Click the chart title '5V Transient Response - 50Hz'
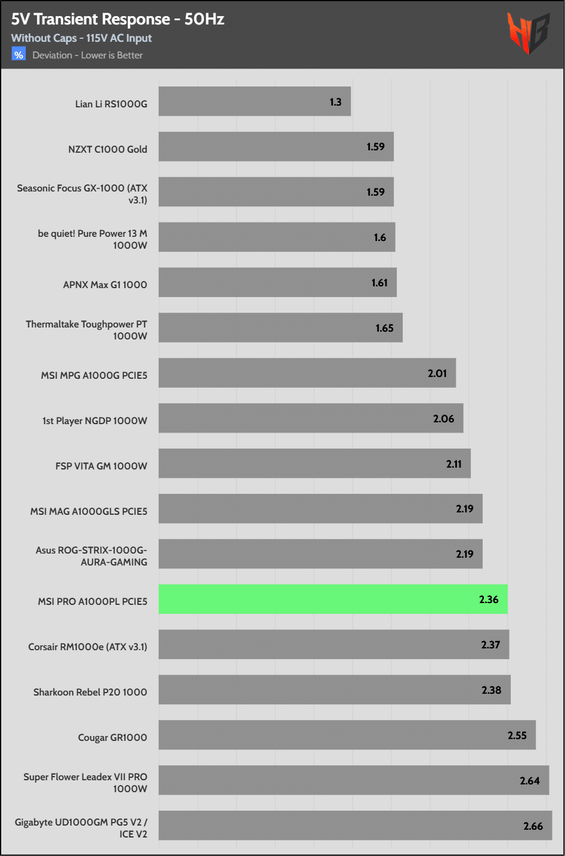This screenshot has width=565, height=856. tap(118, 19)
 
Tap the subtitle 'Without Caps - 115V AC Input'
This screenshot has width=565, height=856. tap(81, 38)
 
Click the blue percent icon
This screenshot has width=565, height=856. tap(19, 55)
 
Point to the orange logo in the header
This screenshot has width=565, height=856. tap(527, 33)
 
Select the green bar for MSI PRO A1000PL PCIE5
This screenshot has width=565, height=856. tap(333, 599)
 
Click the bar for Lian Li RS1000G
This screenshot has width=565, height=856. tap(255, 101)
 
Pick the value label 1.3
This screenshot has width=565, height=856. tap(335, 102)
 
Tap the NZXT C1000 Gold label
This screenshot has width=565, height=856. tap(107, 149)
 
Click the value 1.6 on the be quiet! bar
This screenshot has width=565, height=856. tap(380, 237)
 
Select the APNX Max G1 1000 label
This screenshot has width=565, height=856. tap(105, 285)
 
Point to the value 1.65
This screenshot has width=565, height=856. tap(384, 328)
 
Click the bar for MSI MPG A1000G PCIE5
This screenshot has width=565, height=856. tap(307, 373)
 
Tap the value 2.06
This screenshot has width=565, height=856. tap(443, 419)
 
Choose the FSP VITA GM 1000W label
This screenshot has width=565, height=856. tap(101, 466)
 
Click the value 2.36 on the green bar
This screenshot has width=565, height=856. tap(488, 599)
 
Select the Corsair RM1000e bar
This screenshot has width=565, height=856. tap(334, 645)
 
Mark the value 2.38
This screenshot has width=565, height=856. tap(491, 690)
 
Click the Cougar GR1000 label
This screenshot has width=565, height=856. tap(112, 738)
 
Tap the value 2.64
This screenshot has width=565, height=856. tap(529, 781)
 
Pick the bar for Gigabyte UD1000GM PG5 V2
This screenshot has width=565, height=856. tap(355, 826)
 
